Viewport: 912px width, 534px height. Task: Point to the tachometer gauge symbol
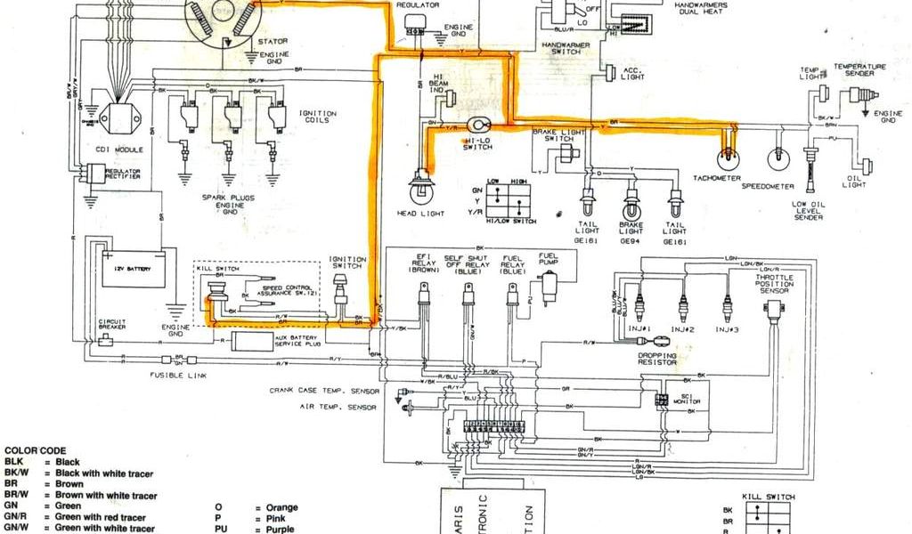coord(729,157)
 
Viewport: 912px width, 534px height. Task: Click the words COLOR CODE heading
coord(35,451)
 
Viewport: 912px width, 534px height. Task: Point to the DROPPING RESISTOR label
coord(656,360)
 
